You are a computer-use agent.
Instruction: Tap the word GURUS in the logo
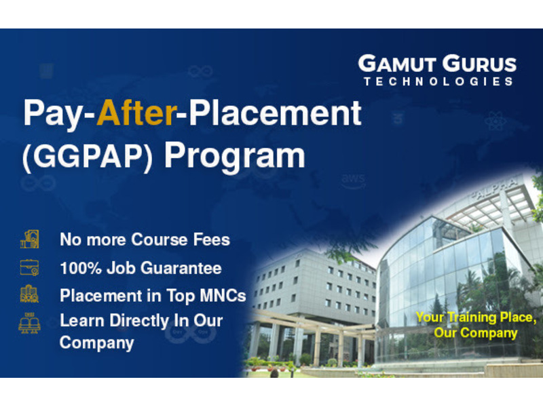coord(479,64)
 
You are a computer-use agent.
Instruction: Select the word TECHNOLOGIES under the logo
coord(438,81)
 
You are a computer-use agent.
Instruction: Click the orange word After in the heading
coord(136,112)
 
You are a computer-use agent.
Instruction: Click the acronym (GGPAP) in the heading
coord(88,157)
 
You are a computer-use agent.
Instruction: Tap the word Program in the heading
coord(234,157)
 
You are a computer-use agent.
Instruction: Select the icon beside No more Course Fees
coord(29,239)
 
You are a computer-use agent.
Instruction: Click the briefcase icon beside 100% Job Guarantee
coord(29,267)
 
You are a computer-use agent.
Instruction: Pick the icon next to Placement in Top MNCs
coord(29,294)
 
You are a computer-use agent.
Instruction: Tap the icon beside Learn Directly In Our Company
coord(29,323)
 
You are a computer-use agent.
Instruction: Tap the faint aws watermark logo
coord(353,181)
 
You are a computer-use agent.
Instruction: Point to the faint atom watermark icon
coord(495,121)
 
